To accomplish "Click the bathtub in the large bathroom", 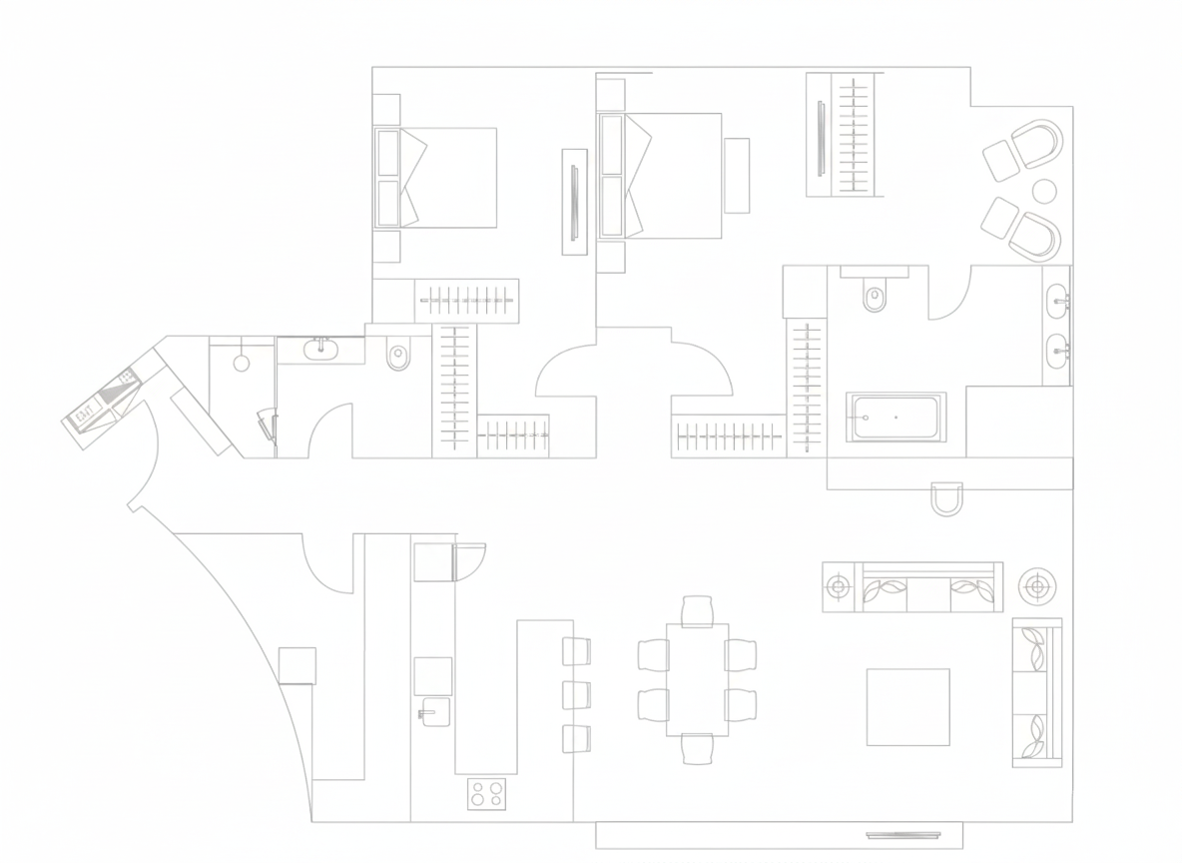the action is (x=895, y=417).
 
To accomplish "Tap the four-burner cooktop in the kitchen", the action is (x=486, y=794).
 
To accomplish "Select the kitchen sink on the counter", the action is (x=434, y=712).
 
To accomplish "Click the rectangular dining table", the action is (x=697, y=680).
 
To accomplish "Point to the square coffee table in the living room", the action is (x=907, y=707).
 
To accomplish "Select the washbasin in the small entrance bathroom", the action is (x=320, y=349).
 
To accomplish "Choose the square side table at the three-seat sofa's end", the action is (x=839, y=586).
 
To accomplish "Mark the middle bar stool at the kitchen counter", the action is (x=577, y=694).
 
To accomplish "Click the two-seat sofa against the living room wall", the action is (x=1036, y=692).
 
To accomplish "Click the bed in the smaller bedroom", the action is (x=436, y=178).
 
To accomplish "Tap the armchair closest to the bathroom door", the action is (x=1033, y=234).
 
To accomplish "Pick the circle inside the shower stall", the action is (x=242, y=363).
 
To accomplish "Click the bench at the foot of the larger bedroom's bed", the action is (x=737, y=176).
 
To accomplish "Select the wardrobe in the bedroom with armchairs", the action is (x=845, y=135).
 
